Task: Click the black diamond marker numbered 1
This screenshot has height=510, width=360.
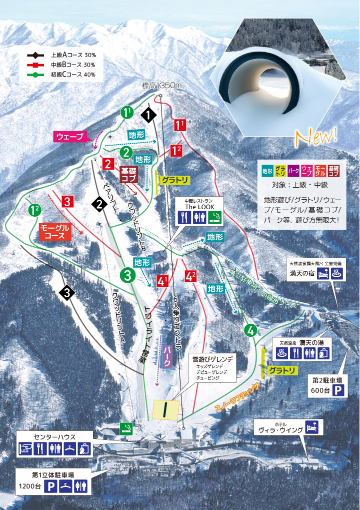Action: click(148, 115)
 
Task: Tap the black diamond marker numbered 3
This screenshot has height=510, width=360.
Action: click(67, 293)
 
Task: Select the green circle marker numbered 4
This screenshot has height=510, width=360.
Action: click(250, 330)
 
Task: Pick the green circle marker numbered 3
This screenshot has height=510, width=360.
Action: click(127, 274)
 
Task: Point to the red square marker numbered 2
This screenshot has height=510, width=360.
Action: click(107, 163)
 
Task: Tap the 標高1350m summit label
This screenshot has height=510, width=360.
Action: click(160, 86)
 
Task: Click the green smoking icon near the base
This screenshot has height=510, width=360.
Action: click(127, 427)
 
